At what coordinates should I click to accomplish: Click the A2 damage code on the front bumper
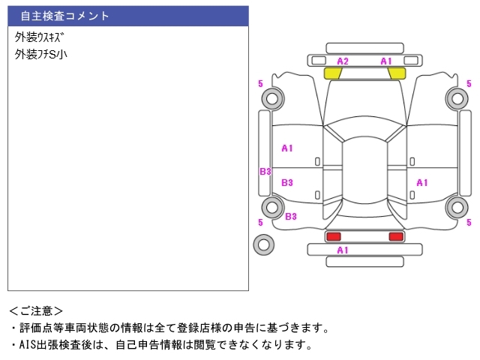point(343,61)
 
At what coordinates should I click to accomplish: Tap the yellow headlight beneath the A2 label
point(332,73)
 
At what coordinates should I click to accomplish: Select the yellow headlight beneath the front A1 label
point(397,73)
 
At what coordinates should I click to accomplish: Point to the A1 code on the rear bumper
point(343,250)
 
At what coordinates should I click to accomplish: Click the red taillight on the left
point(332,237)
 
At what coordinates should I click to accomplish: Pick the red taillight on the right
point(395,237)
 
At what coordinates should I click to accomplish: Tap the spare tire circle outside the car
point(263,244)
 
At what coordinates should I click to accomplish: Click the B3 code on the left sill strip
point(265,172)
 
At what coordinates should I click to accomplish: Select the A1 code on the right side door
point(422,182)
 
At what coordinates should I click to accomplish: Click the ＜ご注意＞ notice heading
point(36,310)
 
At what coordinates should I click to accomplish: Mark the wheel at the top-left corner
point(271,97)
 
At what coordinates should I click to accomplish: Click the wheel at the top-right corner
point(456,97)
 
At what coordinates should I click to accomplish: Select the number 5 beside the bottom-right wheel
point(469,222)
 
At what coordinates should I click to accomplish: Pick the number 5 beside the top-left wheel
point(260,83)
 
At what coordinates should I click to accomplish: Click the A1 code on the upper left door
point(287,148)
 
